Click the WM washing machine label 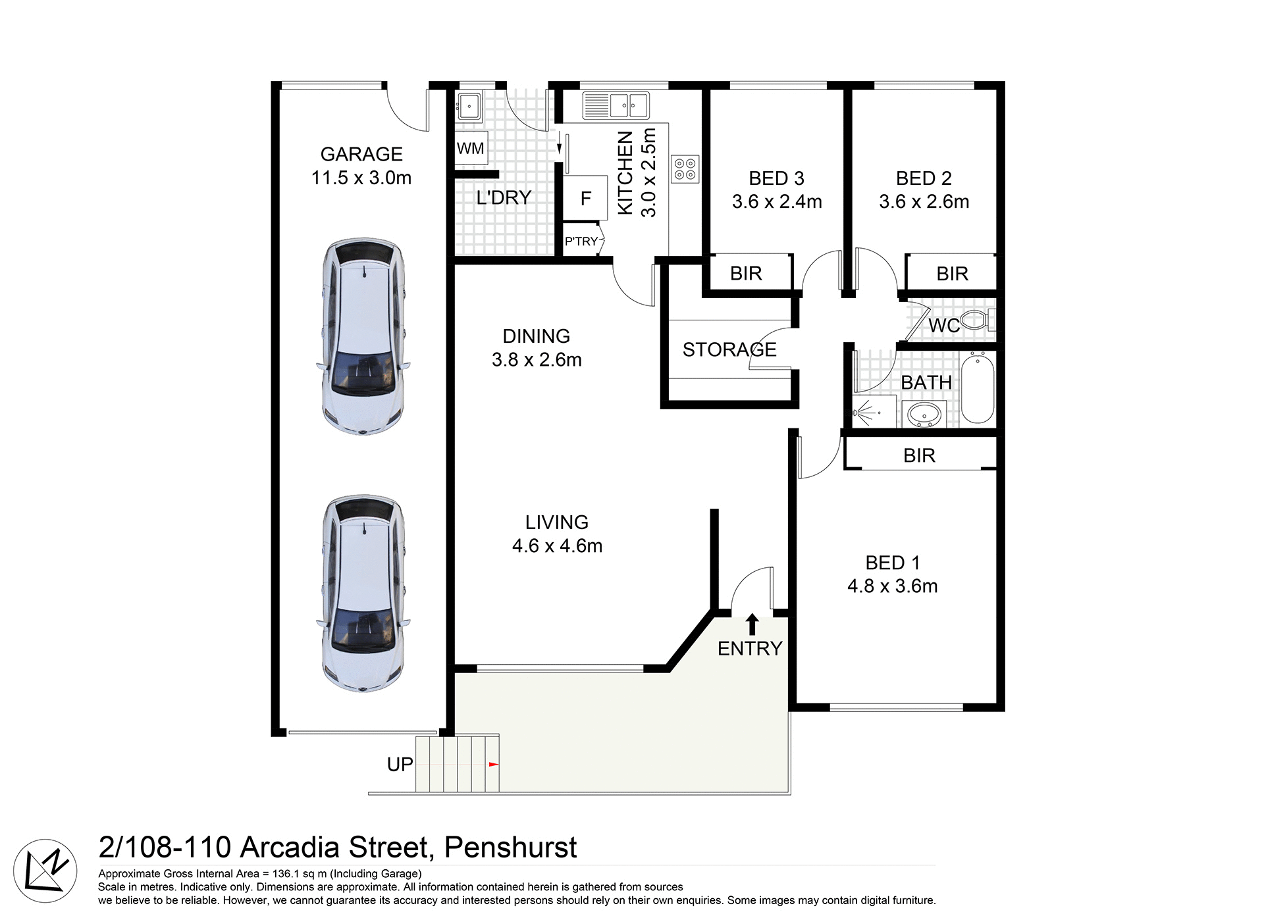coord(470,149)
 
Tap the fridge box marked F coord(585,198)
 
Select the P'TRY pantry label coord(581,242)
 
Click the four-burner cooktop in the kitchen coord(685,169)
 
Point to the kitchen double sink coord(616,105)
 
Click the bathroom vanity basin coord(924,415)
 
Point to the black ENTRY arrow coord(752,624)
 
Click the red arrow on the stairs coord(494,764)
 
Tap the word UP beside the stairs coord(400,765)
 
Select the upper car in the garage coord(363,336)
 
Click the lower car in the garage coord(363,593)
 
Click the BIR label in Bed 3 coord(746,273)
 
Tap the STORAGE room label coord(729,349)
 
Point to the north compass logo coord(45,871)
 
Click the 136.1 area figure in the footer coord(286,874)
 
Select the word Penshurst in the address coord(510,848)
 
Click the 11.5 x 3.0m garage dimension coord(361,178)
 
